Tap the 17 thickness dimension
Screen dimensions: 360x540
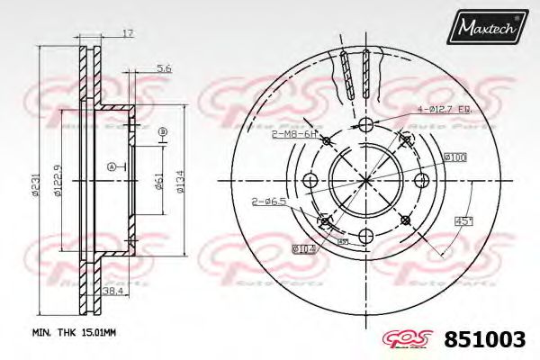tap(128, 33)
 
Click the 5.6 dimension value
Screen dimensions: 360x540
tap(163, 68)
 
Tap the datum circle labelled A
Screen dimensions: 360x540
tap(111, 166)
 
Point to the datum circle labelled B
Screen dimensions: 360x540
tap(163, 131)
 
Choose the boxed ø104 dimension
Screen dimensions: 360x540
tap(301, 248)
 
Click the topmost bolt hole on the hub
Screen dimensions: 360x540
tap(364, 125)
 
